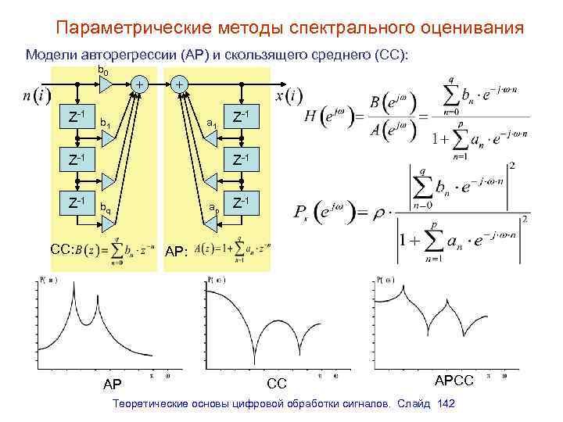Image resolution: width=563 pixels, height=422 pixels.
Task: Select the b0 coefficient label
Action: [102, 72]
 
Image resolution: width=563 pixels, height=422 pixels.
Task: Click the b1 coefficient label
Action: [105, 123]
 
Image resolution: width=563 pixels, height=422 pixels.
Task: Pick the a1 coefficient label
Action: [210, 123]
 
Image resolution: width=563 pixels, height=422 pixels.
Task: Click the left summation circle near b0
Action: [138, 83]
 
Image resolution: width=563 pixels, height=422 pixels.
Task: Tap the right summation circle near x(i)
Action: [180, 83]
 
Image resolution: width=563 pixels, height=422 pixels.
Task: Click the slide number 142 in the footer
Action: [447, 403]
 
